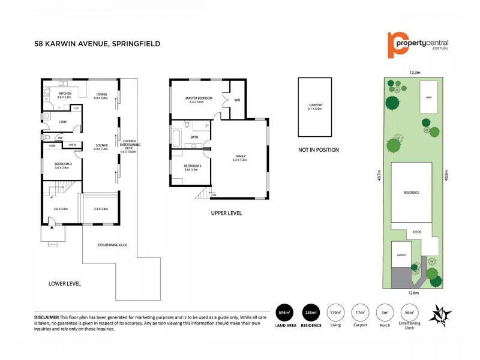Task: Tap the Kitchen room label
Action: click(x=64, y=95)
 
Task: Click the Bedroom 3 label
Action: click(x=63, y=166)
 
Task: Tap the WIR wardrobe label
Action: click(x=237, y=100)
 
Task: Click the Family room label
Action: click(x=239, y=158)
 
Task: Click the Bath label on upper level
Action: click(x=194, y=137)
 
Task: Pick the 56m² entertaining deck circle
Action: click(x=410, y=312)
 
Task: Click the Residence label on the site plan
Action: click(x=411, y=192)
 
